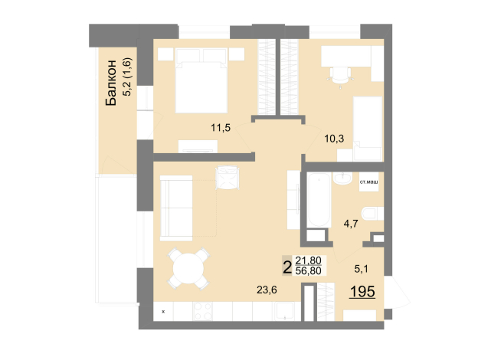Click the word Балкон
point(110,83)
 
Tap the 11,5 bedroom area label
point(221,128)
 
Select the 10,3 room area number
point(334,139)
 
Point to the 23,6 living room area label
point(267,290)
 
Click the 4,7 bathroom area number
point(351,224)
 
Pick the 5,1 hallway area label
point(361,269)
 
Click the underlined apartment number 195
point(362,291)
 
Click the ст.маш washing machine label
point(369,182)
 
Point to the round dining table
point(188,268)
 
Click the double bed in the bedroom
point(201,80)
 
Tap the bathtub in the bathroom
point(319,200)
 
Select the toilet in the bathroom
point(372,214)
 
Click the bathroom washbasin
point(342,178)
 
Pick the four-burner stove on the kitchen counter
point(202,311)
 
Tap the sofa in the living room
point(176,208)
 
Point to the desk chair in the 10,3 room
point(341,75)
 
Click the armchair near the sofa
point(228,178)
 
